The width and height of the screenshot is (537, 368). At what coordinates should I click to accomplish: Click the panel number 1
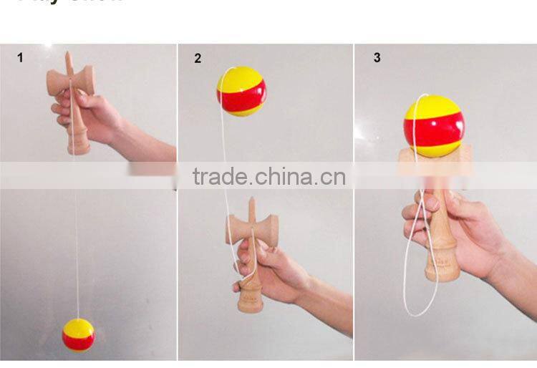point(20,57)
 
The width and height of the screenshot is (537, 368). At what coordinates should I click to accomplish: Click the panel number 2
point(198,59)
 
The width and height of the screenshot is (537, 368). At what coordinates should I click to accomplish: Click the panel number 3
point(377,57)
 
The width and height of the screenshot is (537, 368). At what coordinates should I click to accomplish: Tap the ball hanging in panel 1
point(78,334)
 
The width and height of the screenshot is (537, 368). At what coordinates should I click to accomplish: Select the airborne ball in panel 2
point(241,91)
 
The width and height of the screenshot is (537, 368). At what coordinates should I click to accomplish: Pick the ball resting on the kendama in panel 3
point(432,126)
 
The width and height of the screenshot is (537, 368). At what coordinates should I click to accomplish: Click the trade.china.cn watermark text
point(268,176)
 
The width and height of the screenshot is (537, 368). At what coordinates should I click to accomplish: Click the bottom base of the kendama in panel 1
point(79,148)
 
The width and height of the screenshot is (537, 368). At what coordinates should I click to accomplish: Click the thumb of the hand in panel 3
point(415,211)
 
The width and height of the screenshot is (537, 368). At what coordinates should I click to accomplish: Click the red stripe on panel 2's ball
point(242,96)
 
